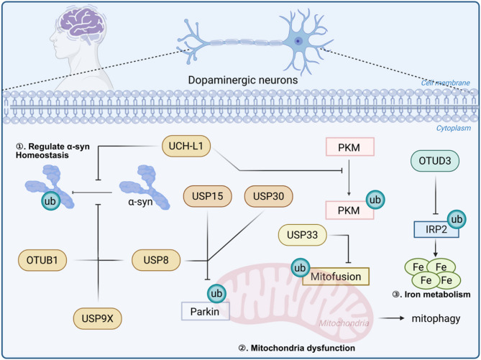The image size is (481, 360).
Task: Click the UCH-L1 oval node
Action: click(186, 146)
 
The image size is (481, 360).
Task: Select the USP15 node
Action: click(207, 196)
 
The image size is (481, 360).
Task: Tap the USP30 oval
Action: click(268, 196)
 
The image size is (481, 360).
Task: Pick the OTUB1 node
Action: click(42, 260)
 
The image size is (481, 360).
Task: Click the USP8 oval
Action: click(156, 260)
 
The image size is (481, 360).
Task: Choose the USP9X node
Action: click(98, 318)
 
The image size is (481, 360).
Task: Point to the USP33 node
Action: click(302, 235)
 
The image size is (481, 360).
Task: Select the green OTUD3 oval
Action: click(435, 161)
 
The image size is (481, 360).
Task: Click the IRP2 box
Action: click(436, 229)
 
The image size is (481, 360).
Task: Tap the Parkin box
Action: click(205, 311)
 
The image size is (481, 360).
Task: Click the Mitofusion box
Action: click(336, 276)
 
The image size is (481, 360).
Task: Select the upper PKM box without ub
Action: click(349, 147)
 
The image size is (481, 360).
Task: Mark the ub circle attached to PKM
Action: click(375, 200)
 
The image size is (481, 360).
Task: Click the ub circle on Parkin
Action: click(216, 293)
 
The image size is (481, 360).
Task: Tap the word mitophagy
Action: click(436, 318)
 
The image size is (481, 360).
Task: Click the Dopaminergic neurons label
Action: click(242, 80)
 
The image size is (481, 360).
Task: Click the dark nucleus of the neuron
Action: click(298, 41)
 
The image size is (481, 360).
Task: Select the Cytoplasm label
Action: click(454, 128)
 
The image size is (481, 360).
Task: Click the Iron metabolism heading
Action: click(431, 295)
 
